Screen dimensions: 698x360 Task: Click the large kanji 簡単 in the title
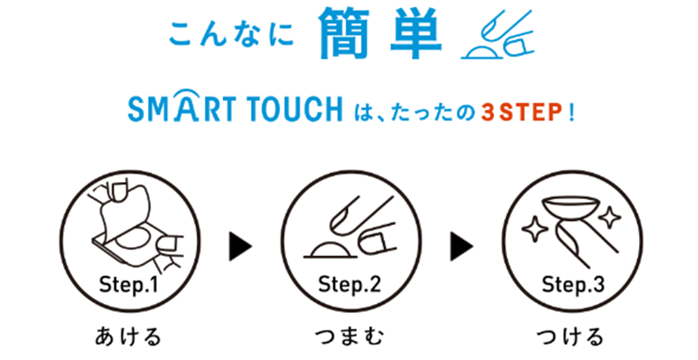point(380,33)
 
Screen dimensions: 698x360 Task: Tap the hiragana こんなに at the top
point(231,35)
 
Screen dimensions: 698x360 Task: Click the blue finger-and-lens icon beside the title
point(498,35)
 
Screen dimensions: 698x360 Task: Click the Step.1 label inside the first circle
point(129,285)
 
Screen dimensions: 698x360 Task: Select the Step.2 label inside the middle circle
point(350,285)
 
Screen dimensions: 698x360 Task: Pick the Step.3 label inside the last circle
point(574,285)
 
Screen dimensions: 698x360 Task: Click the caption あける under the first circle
point(128,337)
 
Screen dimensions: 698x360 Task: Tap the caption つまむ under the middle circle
point(349,337)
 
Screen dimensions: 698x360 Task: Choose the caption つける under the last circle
point(570,337)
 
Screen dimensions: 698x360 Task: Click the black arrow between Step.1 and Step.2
point(239,246)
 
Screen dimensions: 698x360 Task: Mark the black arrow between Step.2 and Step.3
point(461,246)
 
